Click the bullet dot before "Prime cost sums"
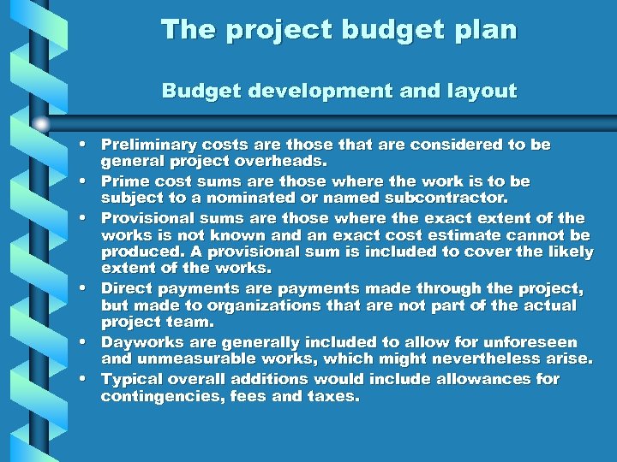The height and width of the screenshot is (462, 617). pyautogui.click(x=88, y=182)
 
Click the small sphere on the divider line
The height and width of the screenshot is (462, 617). pyautogui.click(x=40, y=123)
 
